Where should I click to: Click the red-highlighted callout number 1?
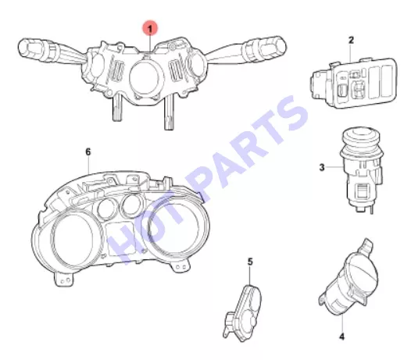[150, 29]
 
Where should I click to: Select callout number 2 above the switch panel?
[352, 41]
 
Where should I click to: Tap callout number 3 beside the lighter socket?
[322, 167]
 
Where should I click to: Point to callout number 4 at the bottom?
[341, 337]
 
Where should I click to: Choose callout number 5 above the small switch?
[250, 262]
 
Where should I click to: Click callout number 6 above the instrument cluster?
[88, 151]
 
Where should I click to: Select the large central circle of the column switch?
[145, 79]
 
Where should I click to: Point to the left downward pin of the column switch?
[117, 108]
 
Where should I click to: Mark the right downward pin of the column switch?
[170, 112]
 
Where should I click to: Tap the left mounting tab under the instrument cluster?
[65, 279]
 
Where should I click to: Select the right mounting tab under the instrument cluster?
[180, 266]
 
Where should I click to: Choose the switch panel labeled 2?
[355, 83]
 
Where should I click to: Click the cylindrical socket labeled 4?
[349, 278]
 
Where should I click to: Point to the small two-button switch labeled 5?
[242, 313]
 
